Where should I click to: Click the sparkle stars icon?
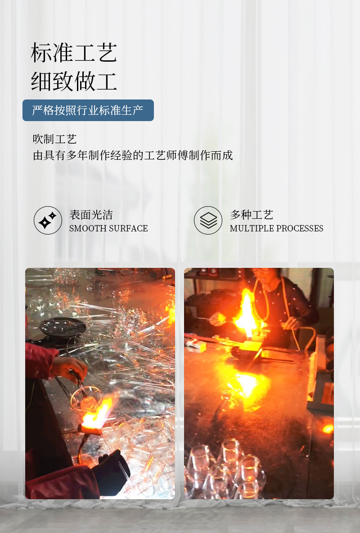pyautogui.click(x=48, y=220)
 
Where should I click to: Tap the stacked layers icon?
pyautogui.click(x=208, y=220)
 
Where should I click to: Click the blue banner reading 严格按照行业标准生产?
pyautogui.click(x=88, y=110)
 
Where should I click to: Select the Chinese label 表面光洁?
pyautogui.click(x=91, y=215)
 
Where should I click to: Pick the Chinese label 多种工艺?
pyautogui.click(x=252, y=215)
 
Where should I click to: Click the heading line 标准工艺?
pyautogui.click(x=74, y=53)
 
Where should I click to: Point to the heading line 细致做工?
pyautogui.click(x=74, y=81)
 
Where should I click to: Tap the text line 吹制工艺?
pyautogui.click(x=54, y=139)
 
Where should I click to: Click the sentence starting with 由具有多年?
pyautogui.click(x=133, y=155)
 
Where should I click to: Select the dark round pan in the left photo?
pyautogui.click(x=63, y=326)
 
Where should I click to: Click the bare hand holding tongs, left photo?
pyautogui.click(x=70, y=367)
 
